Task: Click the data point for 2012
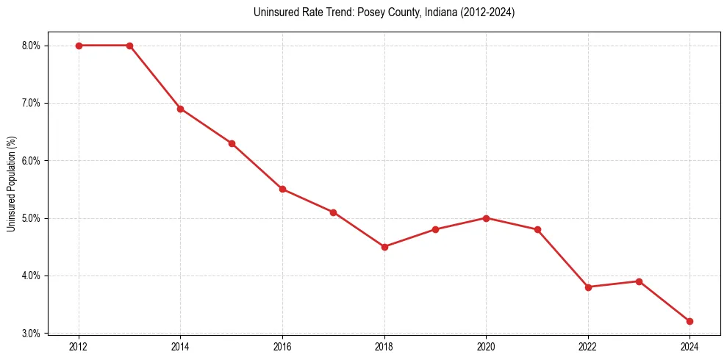pyautogui.click(x=79, y=46)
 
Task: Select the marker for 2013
pyautogui.click(x=129, y=46)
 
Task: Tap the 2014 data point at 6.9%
pyautogui.click(x=180, y=109)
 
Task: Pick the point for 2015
pyautogui.click(x=232, y=143)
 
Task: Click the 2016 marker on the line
pyautogui.click(x=282, y=189)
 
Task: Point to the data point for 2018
pyautogui.click(x=384, y=247)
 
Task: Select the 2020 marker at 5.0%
pyautogui.click(x=486, y=218)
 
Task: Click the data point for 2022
pyautogui.click(x=588, y=287)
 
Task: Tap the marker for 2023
pyautogui.click(x=639, y=281)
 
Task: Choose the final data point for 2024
pyautogui.click(x=690, y=321)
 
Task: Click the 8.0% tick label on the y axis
pyautogui.click(x=31, y=46)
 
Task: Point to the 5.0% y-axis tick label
pyautogui.click(x=31, y=218)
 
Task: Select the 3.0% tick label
pyautogui.click(x=31, y=334)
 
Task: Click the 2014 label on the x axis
pyautogui.click(x=180, y=346)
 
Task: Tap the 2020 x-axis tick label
pyautogui.click(x=486, y=346)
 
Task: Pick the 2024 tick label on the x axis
pyautogui.click(x=690, y=346)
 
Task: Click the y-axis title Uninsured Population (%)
pyautogui.click(x=11, y=183)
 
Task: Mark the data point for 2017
pyautogui.click(x=333, y=212)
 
